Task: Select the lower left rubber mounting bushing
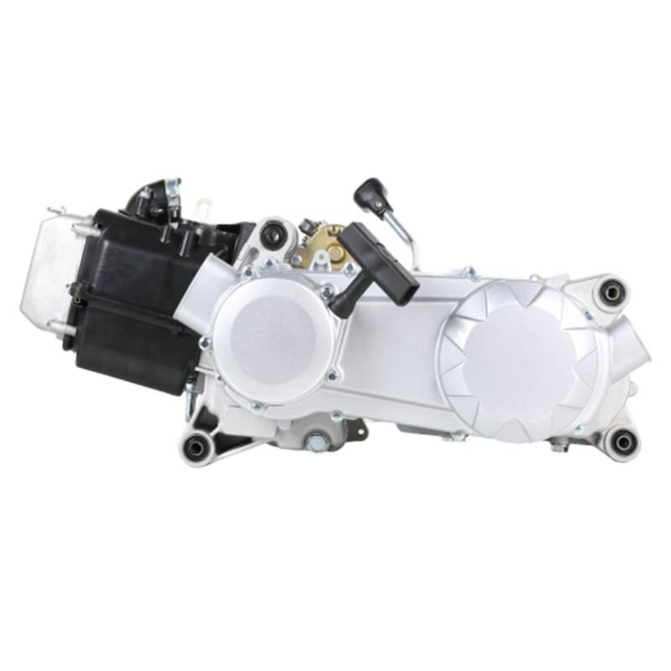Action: point(198,447)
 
